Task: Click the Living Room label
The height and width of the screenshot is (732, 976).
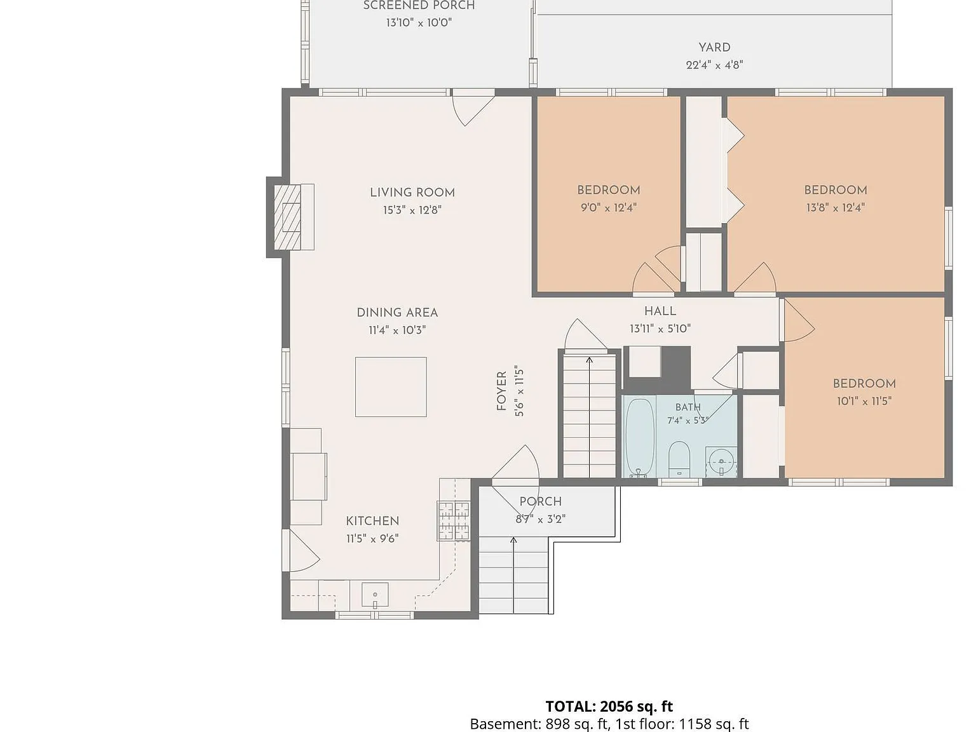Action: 412,193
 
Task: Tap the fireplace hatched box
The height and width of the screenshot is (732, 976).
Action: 288,217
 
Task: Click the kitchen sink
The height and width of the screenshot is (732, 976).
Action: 375,595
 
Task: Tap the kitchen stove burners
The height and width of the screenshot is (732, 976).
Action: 454,521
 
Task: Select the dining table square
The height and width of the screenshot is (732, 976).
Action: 391,387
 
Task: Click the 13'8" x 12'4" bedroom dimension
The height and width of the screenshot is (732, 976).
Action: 836,208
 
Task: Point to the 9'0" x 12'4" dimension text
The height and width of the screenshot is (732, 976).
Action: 609,208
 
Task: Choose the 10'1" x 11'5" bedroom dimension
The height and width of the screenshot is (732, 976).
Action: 864,402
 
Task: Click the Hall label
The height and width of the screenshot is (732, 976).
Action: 660,311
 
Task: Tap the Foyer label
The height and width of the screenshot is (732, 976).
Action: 501,391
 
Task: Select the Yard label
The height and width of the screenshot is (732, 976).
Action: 714,48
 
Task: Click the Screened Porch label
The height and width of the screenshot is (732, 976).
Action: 419,5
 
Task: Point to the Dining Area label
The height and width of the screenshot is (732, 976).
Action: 397,313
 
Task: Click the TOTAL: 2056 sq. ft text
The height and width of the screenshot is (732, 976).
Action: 609,706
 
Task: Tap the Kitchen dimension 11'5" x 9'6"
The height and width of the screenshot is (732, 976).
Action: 372,539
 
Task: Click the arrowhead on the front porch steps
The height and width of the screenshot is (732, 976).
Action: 513,540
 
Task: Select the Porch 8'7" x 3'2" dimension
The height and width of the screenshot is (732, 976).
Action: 540,519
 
